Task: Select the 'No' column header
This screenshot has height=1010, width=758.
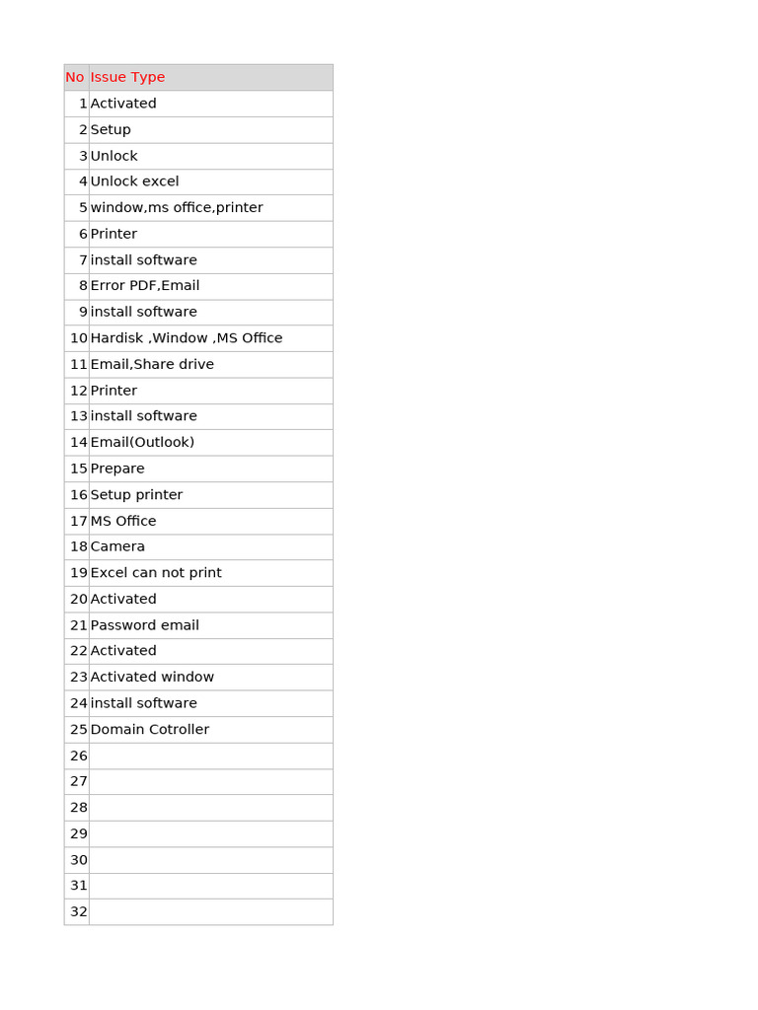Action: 75,77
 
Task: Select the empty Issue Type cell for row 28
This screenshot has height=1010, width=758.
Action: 210,807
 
